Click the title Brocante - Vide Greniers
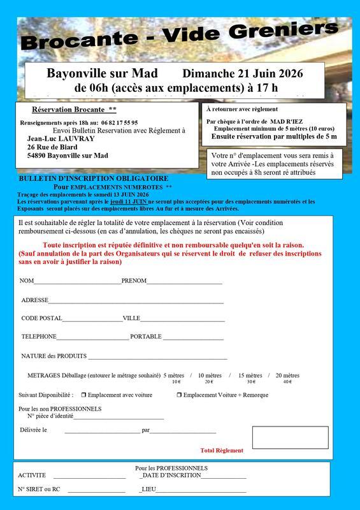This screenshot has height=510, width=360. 179,35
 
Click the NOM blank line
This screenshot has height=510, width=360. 77,282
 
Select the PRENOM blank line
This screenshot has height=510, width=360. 184,282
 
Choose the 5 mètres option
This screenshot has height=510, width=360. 174,376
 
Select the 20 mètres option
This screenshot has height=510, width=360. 287,376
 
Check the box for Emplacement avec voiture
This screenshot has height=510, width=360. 83,395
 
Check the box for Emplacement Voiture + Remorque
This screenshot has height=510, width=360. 179,395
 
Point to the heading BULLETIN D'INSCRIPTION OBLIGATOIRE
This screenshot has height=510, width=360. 94,178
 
